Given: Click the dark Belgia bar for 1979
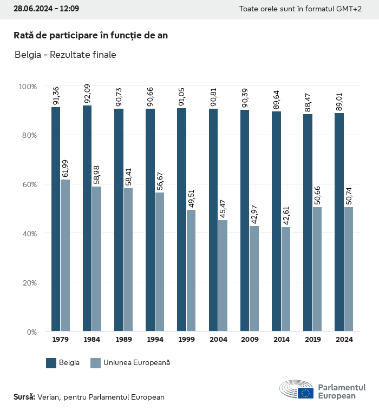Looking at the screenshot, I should (56, 219).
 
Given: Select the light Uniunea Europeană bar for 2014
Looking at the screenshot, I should (286, 279).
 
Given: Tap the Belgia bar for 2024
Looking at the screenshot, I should (339, 222).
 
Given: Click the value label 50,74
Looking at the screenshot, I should (349, 196).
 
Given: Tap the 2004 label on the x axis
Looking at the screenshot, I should (218, 340).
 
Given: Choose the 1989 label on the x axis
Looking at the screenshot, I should (123, 340).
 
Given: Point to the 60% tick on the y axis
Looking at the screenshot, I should (28, 184).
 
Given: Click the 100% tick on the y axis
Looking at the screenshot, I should (27, 87).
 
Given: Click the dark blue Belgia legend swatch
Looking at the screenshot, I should (51, 363).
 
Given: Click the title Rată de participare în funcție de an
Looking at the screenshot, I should (90, 35).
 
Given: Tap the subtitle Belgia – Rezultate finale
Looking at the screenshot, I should (65, 55).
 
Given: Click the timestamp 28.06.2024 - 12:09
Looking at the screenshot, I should (46, 9).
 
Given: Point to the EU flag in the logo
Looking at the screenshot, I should (305, 393).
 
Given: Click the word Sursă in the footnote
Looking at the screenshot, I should (24, 397).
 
